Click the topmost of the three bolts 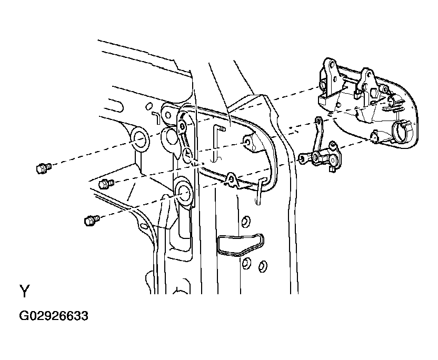tap(44, 168)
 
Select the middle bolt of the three tap(106, 184)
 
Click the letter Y tap(24, 291)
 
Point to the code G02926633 tap(54, 316)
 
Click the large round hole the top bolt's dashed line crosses tap(141, 139)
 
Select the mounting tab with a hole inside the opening tap(250, 144)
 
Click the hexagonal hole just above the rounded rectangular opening tap(245, 221)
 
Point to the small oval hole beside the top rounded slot tap(150, 106)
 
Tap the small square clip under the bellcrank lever tap(332, 169)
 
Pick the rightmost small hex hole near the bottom tap(263, 266)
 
